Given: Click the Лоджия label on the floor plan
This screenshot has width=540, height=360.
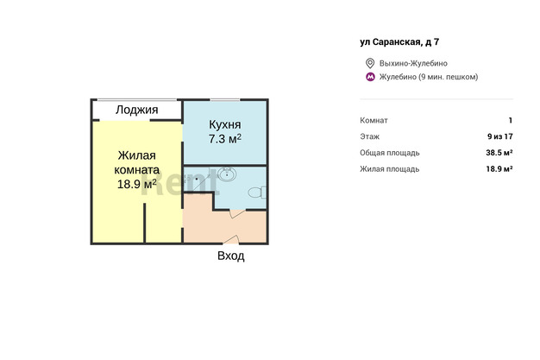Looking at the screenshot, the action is coord(136,110).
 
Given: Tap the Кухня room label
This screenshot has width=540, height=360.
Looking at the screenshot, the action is coord(225,124).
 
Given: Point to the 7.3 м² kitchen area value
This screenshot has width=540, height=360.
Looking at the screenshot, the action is coord(225,139).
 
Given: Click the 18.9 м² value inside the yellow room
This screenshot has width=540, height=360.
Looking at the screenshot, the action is coord(136,184).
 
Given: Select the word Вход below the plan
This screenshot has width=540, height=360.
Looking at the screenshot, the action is coord(231,256).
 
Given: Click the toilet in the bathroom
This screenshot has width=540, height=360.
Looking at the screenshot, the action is coord(257,193).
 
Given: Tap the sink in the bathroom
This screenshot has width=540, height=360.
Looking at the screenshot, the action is coord(227,174).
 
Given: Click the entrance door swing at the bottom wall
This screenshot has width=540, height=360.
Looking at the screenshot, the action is coord(231,239).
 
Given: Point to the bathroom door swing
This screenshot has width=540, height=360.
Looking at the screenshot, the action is coord(237,213).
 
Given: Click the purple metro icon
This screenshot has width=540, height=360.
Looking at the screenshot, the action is coord(370,77).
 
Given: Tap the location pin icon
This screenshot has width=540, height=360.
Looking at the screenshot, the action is coord(370,63).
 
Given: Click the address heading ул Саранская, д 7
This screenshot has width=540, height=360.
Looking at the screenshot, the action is coord(399,42).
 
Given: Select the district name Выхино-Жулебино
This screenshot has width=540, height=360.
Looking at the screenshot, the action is coord(413,63).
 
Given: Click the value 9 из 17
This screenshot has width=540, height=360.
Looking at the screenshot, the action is coord(500,136).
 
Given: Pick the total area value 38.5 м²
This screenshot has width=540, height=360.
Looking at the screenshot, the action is coord(499,153).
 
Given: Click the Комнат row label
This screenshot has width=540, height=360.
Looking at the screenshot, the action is coord(374,120).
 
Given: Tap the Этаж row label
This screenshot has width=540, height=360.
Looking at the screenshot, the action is coord(369,136).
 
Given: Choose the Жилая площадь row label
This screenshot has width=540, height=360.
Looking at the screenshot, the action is coord(390,169).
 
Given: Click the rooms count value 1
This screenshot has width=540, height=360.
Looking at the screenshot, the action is coord(511,120).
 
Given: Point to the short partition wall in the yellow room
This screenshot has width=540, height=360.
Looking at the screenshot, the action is coord(145,223).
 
